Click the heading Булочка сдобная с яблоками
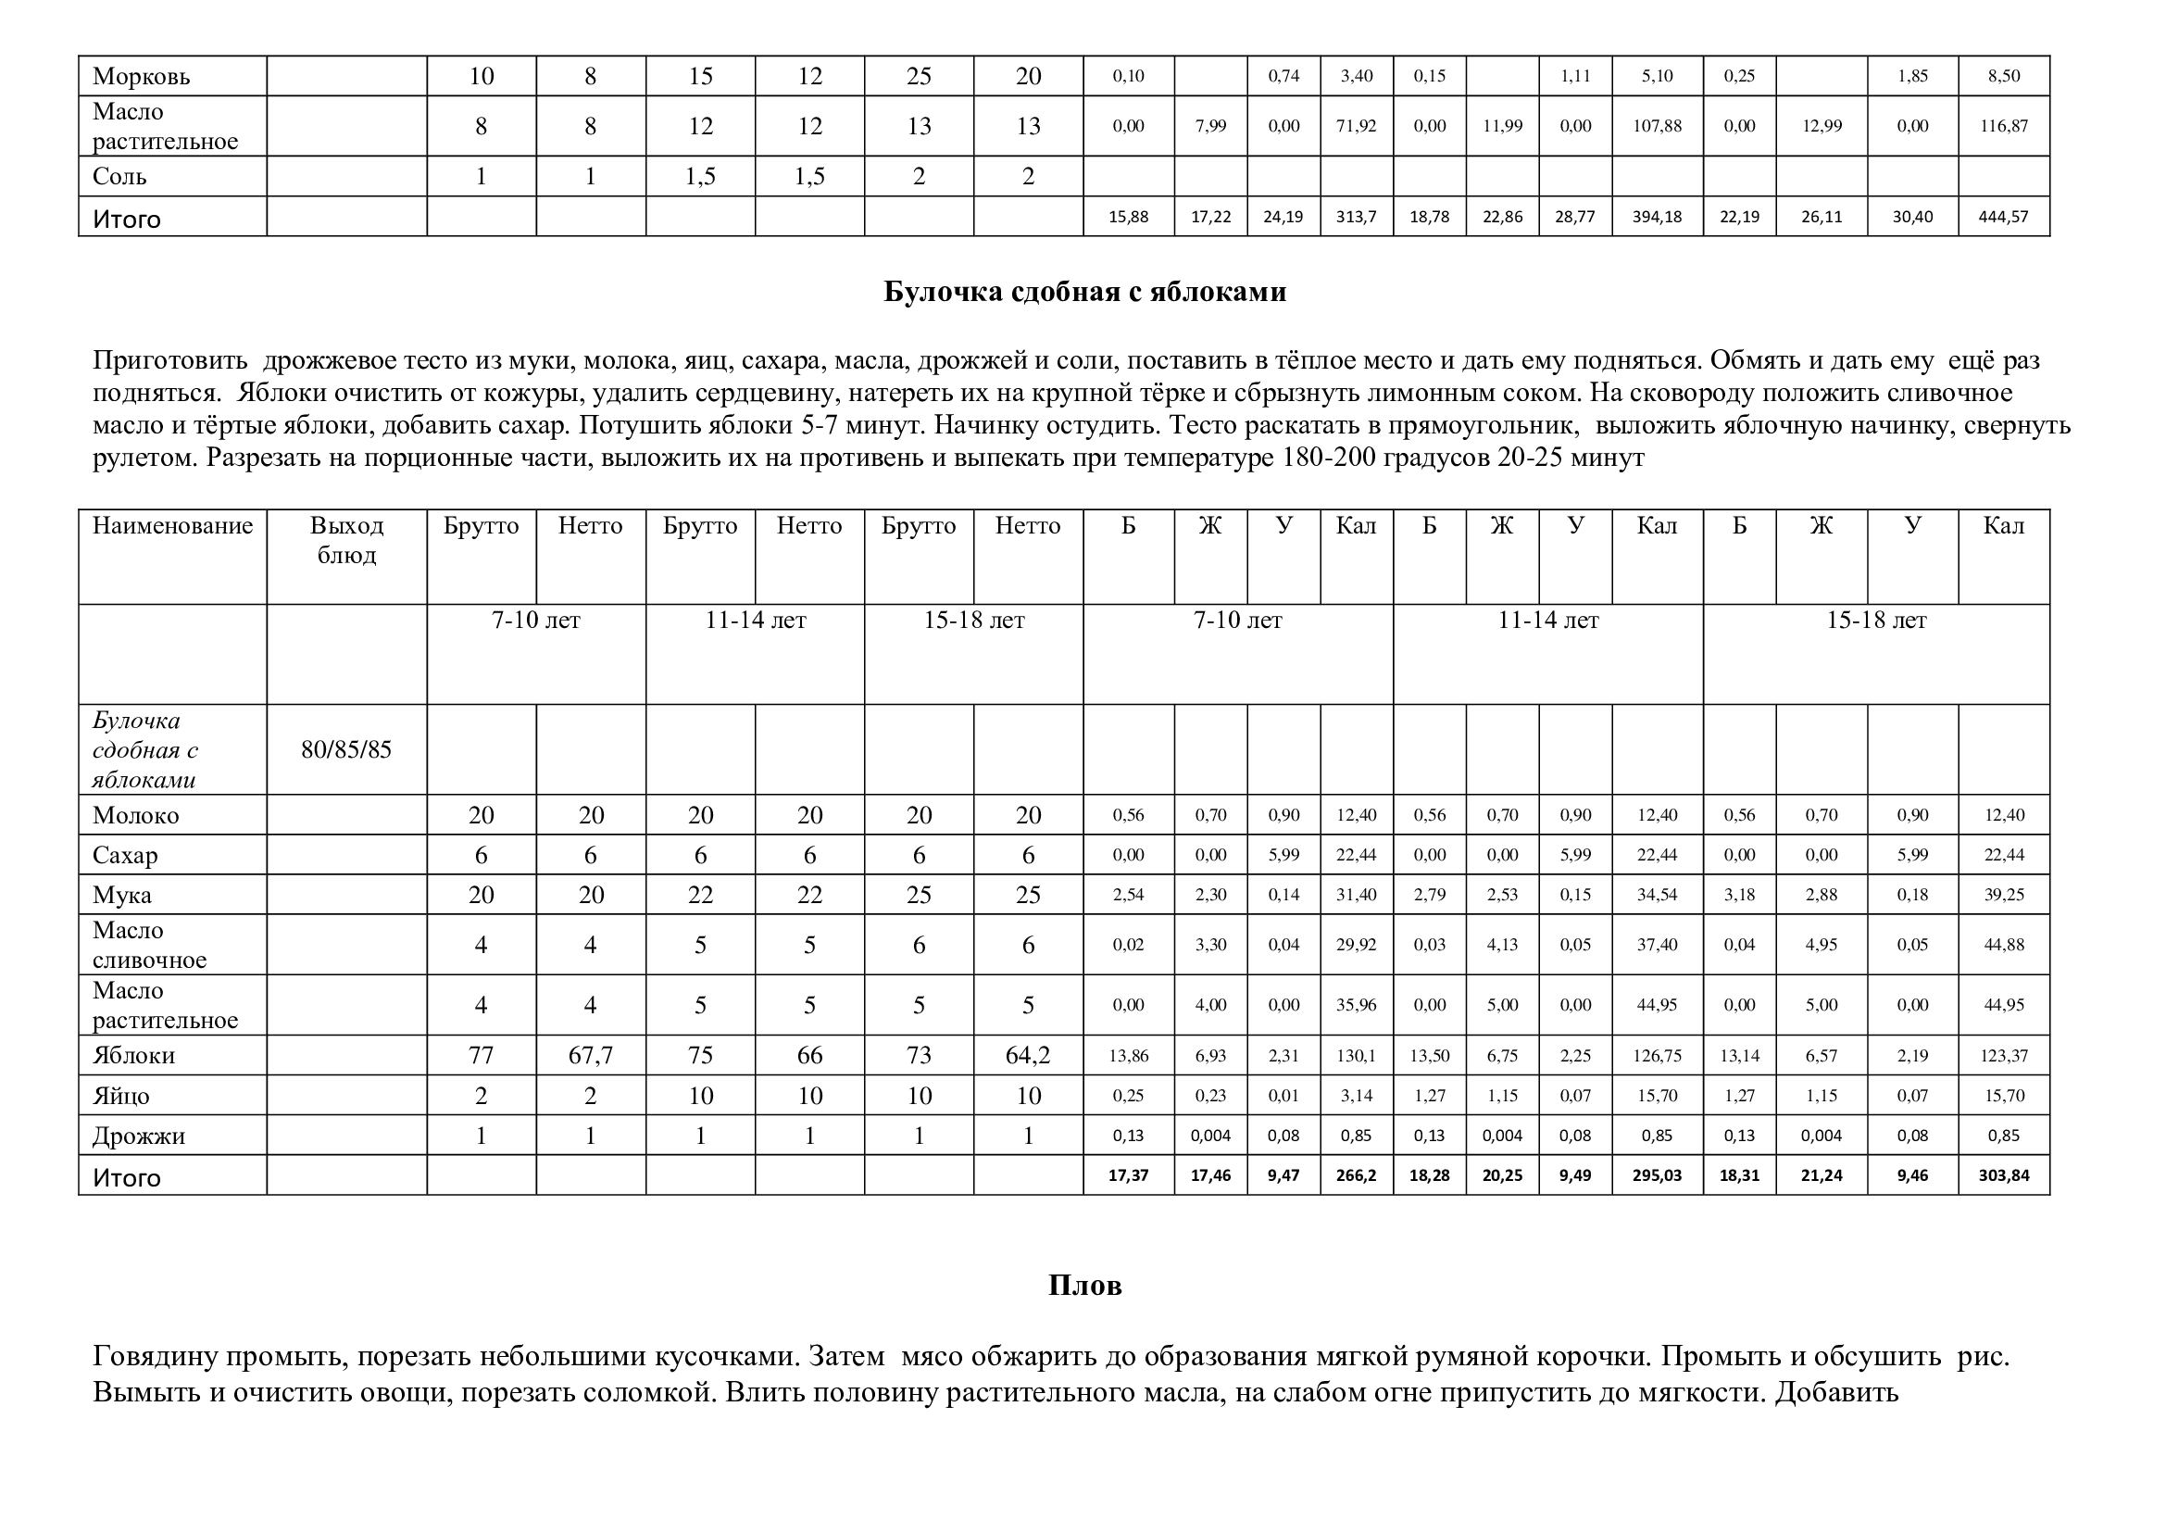click(x=1084, y=293)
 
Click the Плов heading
click(x=1084, y=1286)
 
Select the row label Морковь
click(x=142, y=76)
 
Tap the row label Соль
click(x=119, y=176)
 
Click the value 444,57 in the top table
click(x=2003, y=217)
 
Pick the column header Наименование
click(x=172, y=526)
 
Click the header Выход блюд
click(x=346, y=541)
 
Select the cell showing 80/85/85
click(x=346, y=750)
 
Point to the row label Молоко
click(x=136, y=815)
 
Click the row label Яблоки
click(x=134, y=1056)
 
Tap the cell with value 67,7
click(x=591, y=1056)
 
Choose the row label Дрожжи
click(x=139, y=1136)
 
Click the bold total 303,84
click(x=2003, y=1175)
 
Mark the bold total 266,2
click(x=1356, y=1175)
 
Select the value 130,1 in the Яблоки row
click(x=1356, y=1056)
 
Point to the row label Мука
click(x=121, y=896)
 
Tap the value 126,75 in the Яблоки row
click(x=1657, y=1056)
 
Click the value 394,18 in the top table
click(x=1657, y=217)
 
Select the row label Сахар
click(x=124, y=856)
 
